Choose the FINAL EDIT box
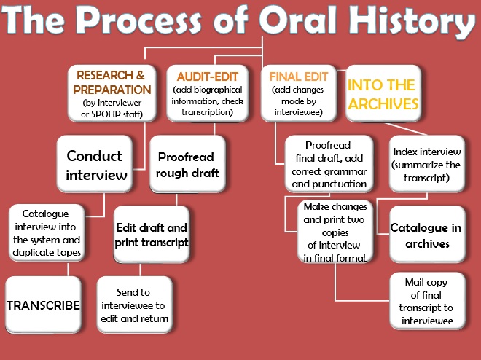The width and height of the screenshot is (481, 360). tap(300, 93)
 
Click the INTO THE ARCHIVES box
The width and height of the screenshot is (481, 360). tap(383, 95)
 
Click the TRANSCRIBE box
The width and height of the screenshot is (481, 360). tap(43, 305)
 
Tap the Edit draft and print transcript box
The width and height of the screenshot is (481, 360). tap(152, 235)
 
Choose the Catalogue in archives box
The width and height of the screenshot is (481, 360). tap(426, 235)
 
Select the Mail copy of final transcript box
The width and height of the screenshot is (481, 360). tap(426, 300)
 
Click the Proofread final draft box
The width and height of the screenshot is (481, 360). tap(329, 164)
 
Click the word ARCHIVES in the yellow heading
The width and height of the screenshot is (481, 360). tap(383, 104)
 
